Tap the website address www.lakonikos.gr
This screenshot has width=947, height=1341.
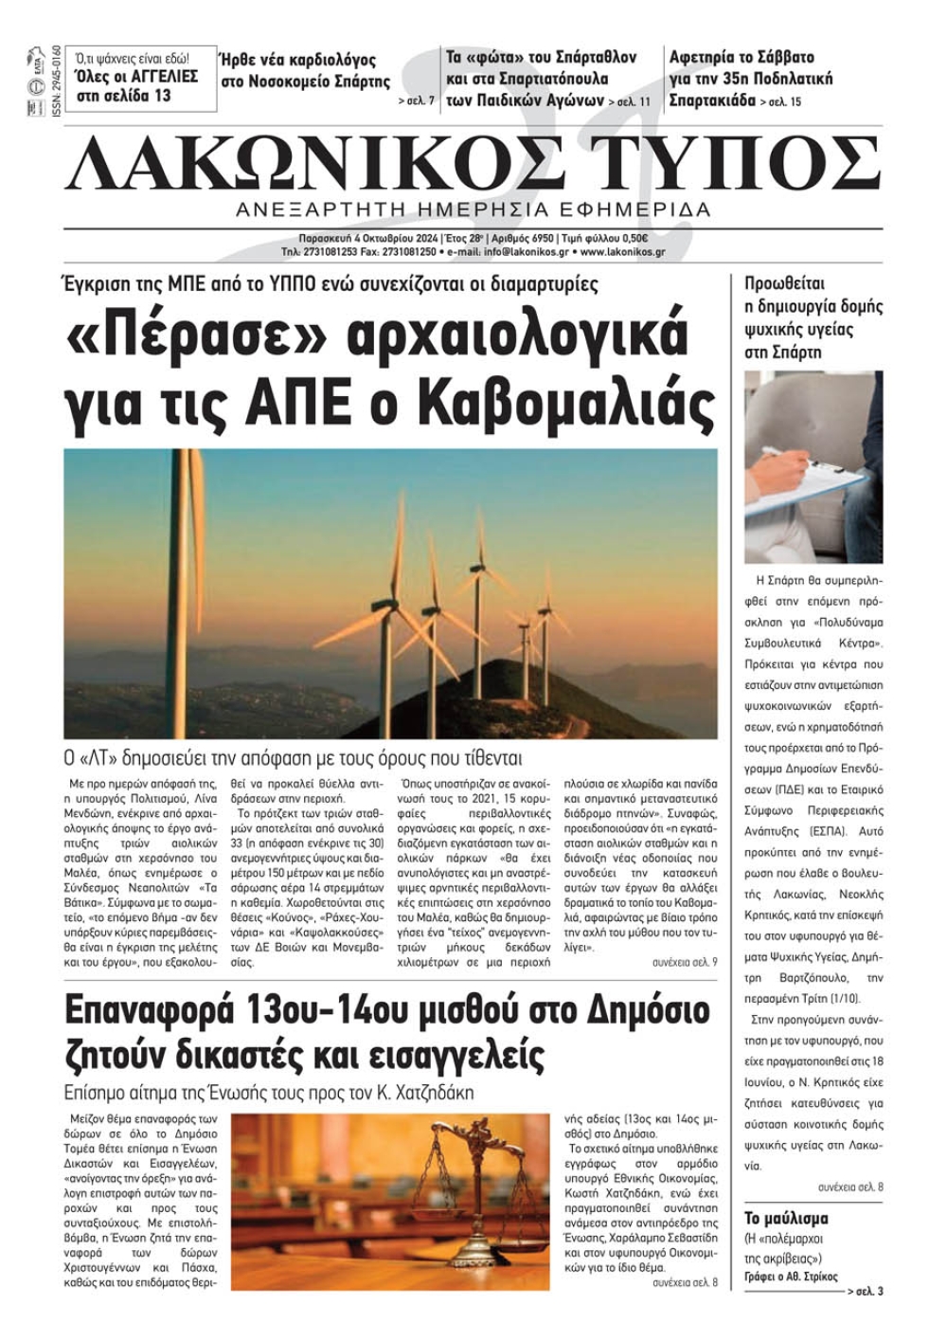(622, 252)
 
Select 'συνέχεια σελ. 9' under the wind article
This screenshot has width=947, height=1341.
(684, 962)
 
